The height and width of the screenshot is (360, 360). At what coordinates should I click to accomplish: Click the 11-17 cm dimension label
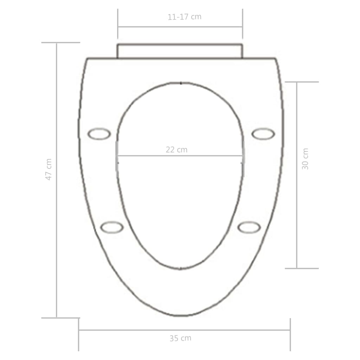click(x=184, y=17)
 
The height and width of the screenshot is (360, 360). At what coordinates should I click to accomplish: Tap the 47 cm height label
click(x=49, y=169)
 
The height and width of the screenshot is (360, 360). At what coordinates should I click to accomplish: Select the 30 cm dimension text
click(x=305, y=159)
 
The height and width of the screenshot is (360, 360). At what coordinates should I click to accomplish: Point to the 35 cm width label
click(x=180, y=338)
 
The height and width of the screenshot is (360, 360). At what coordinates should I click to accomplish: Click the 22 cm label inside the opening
click(x=176, y=150)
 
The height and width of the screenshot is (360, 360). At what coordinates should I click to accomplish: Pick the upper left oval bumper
click(x=99, y=134)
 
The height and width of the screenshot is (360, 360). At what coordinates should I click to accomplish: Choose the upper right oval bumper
click(x=263, y=134)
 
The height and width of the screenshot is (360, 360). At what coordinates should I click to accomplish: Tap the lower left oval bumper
click(x=112, y=227)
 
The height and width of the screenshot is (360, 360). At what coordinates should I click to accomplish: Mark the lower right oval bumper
click(x=249, y=227)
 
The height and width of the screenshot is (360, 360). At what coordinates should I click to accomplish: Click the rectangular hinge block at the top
click(x=180, y=51)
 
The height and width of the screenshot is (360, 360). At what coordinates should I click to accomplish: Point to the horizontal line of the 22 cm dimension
click(x=148, y=155)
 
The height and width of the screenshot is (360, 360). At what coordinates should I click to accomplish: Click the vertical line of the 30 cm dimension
click(x=297, y=211)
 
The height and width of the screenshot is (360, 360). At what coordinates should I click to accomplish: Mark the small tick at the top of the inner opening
click(x=181, y=83)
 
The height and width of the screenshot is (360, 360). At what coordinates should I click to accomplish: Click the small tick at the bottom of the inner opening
click(x=180, y=269)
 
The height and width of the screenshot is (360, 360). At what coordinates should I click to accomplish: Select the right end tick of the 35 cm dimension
click(x=290, y=334)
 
